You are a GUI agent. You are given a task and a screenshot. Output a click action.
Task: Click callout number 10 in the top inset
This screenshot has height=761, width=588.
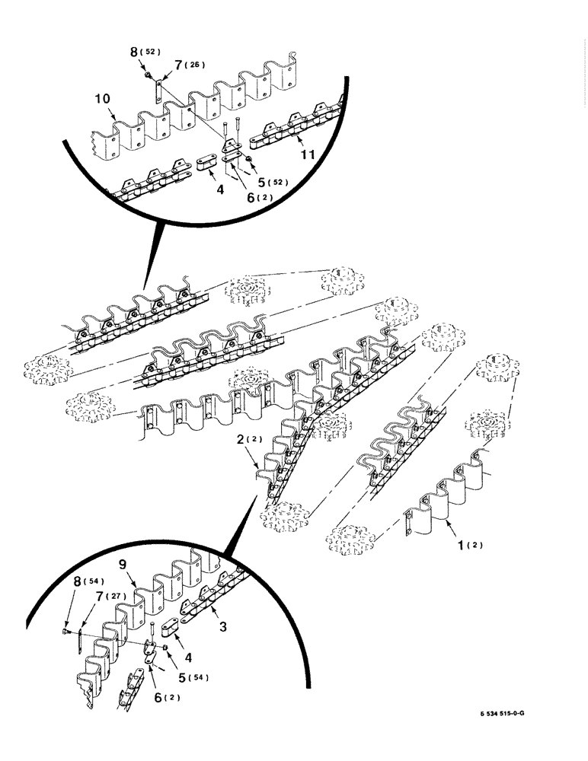(x=104, y=99)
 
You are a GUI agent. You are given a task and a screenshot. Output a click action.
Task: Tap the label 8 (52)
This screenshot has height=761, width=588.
(x=145, y=53)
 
